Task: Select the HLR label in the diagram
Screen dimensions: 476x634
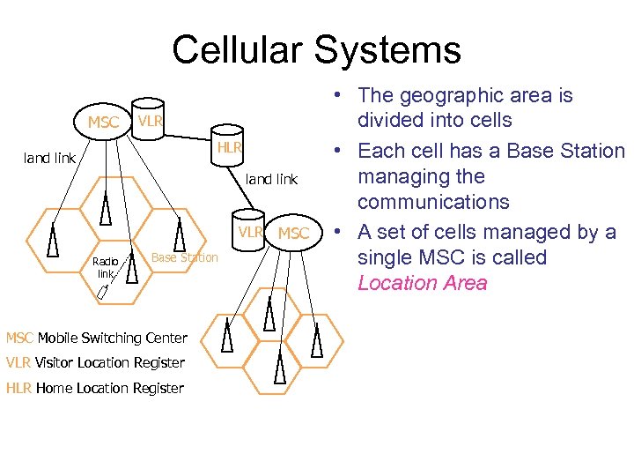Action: point(230,147)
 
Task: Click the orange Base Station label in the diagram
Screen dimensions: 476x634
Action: point(185,257)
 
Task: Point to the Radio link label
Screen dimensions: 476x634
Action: point(105,267)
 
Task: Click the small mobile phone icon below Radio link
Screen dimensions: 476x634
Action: point(102,291)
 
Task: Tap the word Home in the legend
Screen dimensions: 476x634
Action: point(55,388)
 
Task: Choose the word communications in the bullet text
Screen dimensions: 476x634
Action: point(432,202)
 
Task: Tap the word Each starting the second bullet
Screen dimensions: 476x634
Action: point(380,151)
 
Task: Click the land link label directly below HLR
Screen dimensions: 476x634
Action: point(271,179)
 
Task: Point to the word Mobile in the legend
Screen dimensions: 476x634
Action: point(55,338)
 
